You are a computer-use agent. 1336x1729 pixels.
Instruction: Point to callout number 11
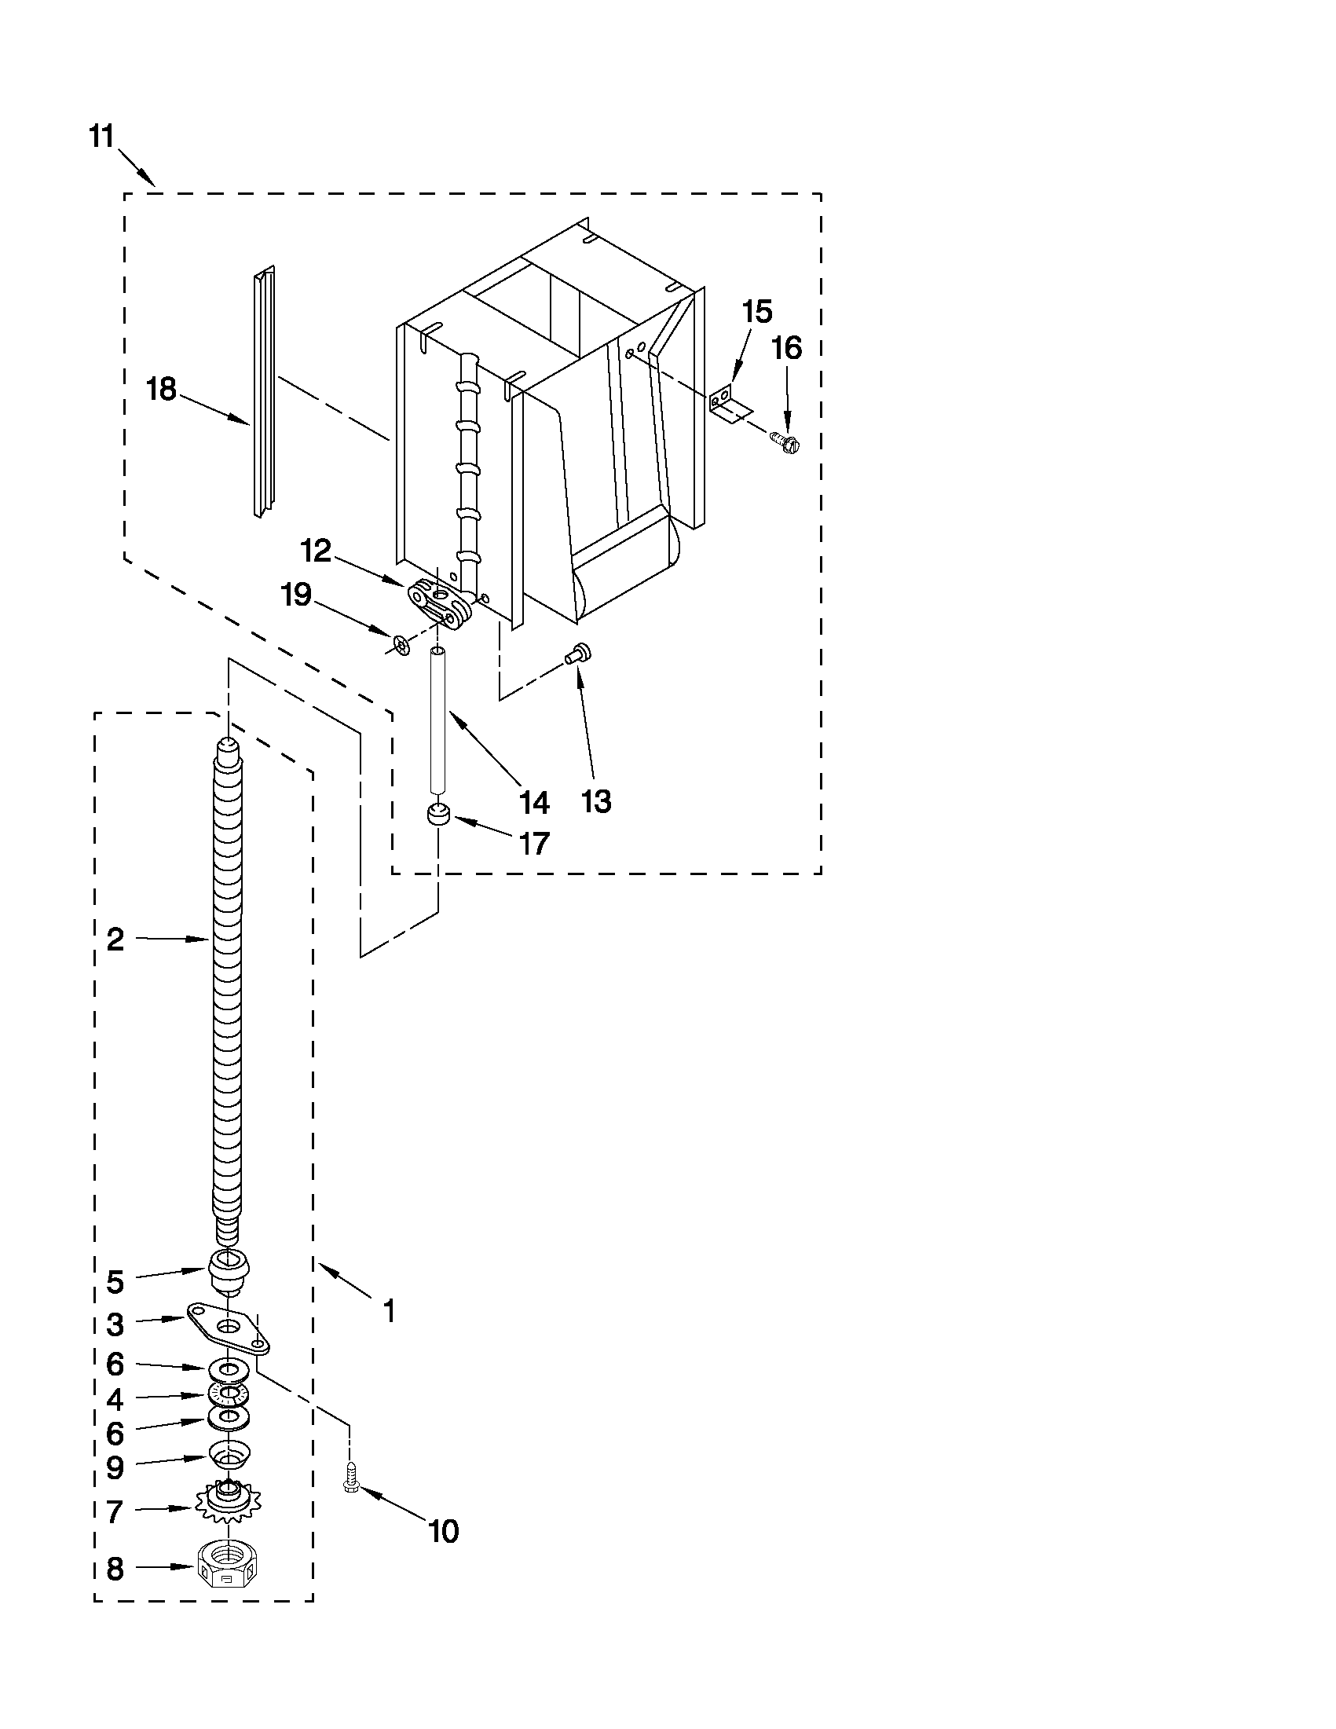101,136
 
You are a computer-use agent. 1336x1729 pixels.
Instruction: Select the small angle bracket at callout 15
727,402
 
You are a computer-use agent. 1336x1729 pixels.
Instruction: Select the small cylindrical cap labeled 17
437,815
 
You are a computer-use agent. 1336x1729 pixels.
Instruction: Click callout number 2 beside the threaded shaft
115,940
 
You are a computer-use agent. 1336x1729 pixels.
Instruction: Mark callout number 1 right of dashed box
389,1311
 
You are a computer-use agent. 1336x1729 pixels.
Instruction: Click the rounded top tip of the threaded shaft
227,744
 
